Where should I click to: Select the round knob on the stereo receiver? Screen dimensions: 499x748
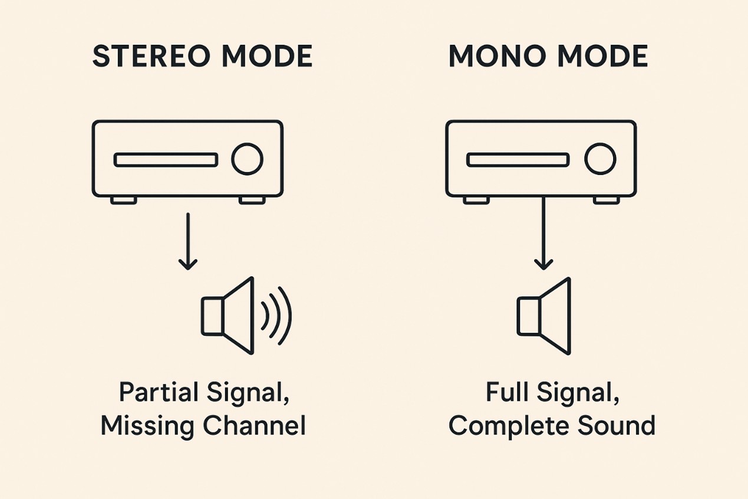(247, 159)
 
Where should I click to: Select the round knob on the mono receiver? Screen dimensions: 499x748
(600, 159)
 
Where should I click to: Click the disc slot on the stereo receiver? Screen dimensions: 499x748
(166, 160)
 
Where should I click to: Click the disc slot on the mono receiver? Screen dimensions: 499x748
(518, 160)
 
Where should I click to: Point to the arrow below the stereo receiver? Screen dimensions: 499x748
(187, 241)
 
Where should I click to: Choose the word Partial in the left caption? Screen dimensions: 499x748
(156, 393)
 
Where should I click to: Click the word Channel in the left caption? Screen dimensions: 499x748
(256, 425)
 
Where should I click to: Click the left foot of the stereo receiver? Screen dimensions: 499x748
(123, 201)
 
